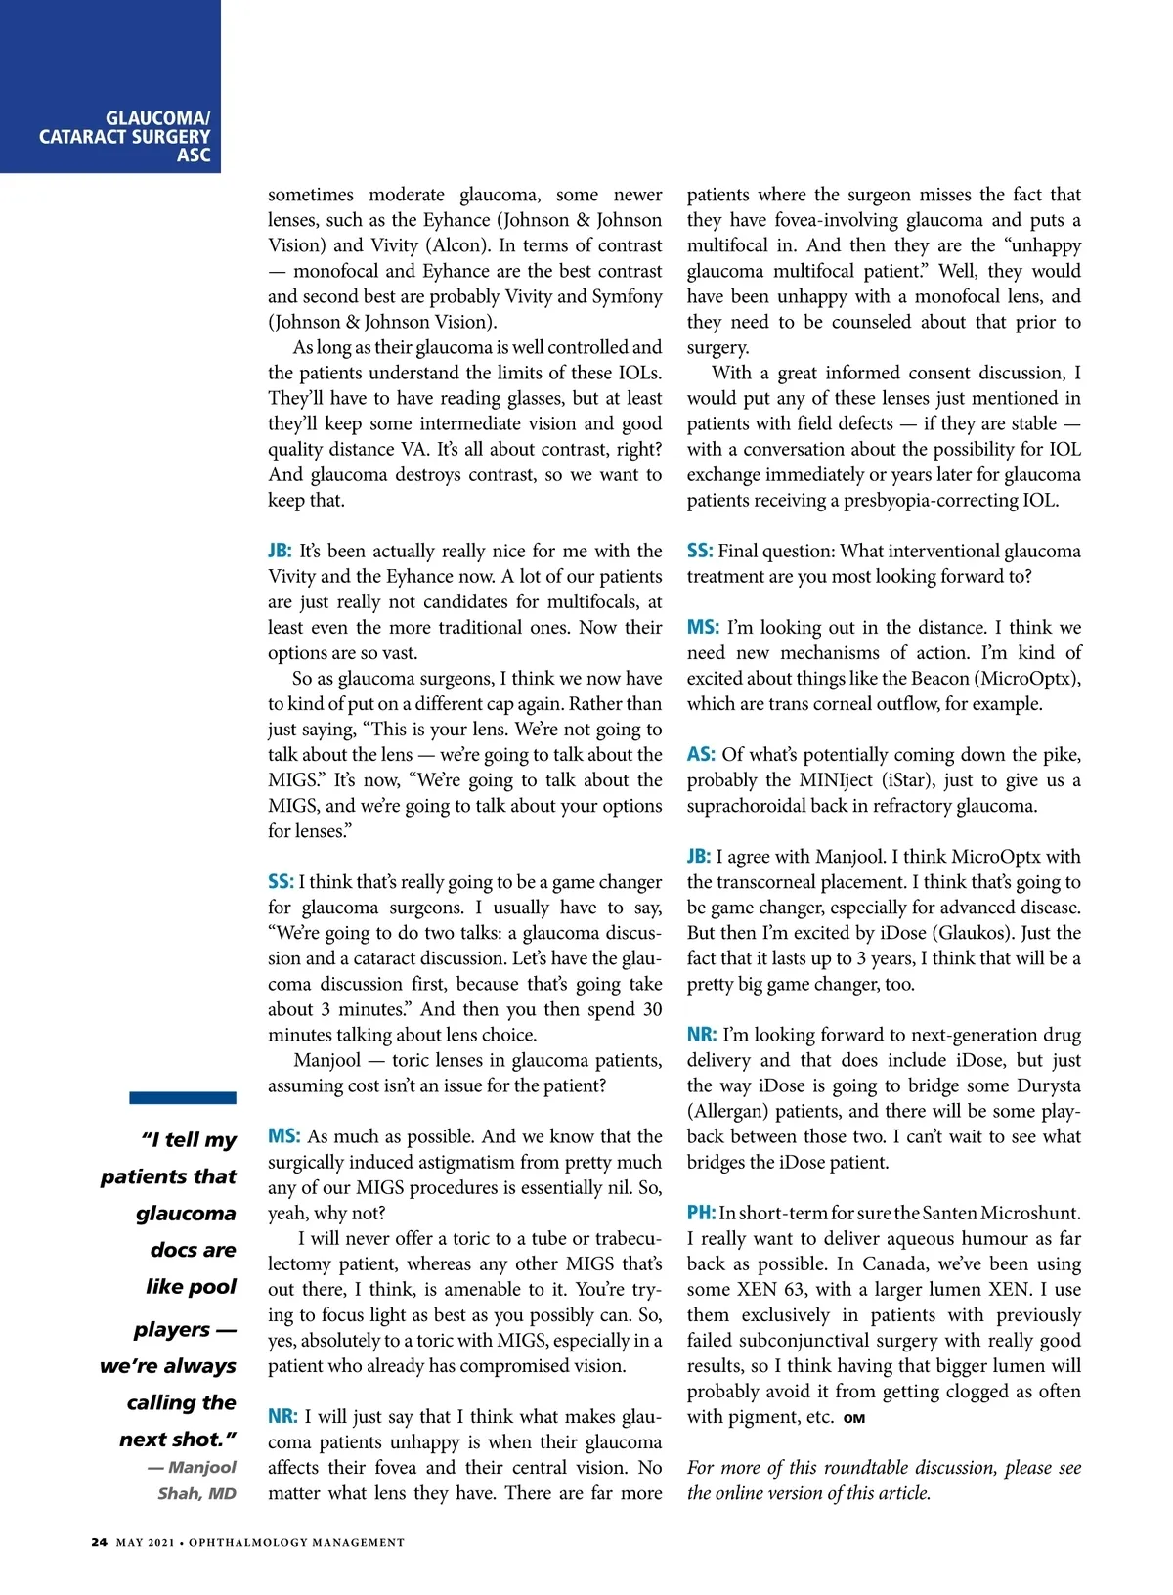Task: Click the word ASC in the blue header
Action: [194, 155]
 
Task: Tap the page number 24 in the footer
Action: [99, 1542]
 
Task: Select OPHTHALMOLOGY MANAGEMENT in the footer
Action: [296, 1542]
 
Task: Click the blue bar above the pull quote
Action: [183, 1097]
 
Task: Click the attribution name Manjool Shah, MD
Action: [196, 1480]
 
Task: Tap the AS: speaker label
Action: [701, 754]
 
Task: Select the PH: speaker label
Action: [701, 1213]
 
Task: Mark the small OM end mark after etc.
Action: [854, 1418]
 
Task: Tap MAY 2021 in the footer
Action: [145, 1542]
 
